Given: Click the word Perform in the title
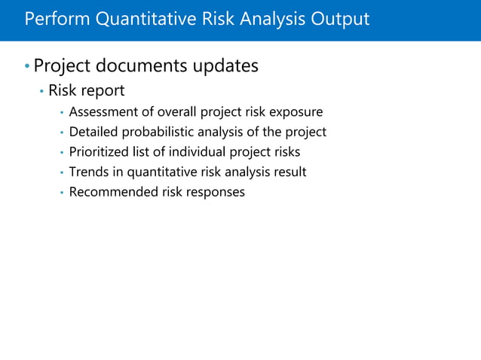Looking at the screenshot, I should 55,19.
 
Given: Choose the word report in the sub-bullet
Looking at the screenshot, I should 103,92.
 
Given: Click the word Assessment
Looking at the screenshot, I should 102,112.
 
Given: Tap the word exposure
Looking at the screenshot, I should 297,112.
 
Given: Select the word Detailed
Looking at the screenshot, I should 93,133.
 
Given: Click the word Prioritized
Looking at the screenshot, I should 98,152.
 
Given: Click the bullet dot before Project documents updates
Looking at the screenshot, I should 27,68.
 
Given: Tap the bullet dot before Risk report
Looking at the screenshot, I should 41,93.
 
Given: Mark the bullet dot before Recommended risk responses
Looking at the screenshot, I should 61,193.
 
